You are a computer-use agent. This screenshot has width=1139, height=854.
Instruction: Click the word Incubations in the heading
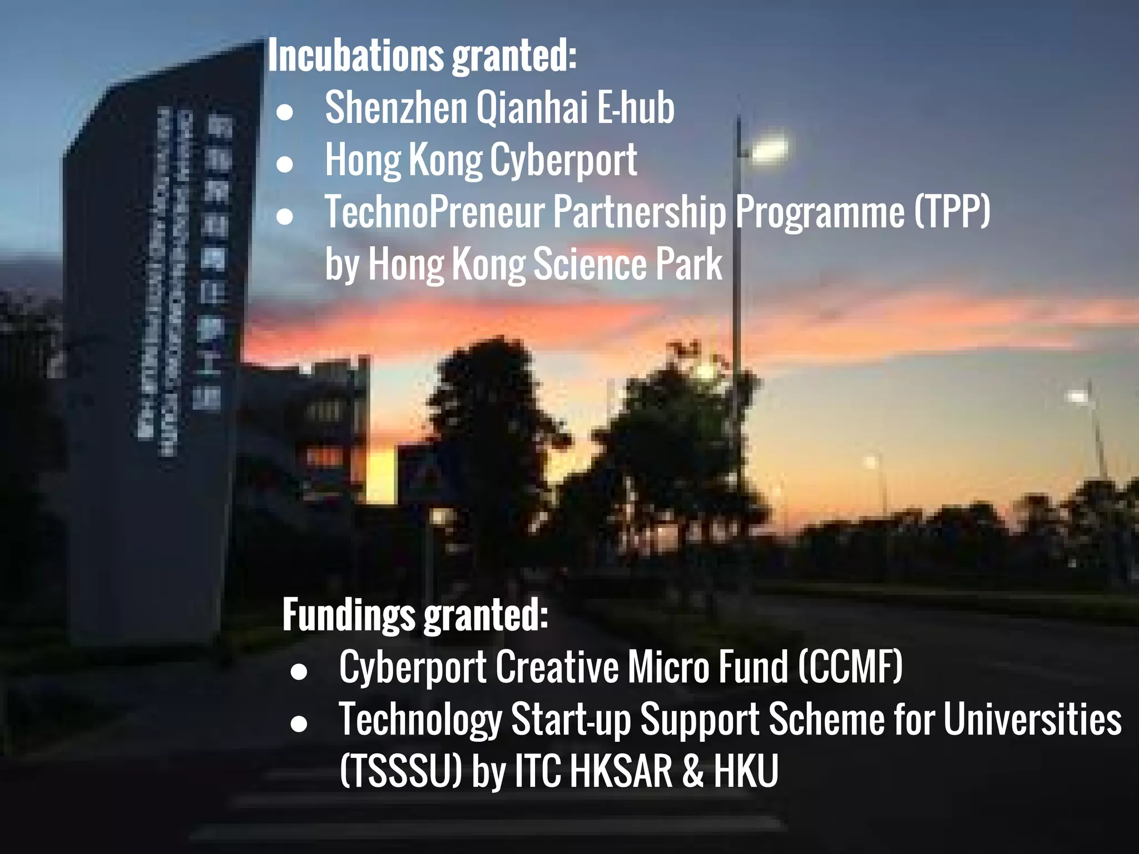356,56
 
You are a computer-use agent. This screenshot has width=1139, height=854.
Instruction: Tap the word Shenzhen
396,108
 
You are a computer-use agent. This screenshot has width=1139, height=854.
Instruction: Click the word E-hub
636,108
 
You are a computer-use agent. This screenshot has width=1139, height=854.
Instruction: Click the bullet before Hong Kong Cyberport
285,164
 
